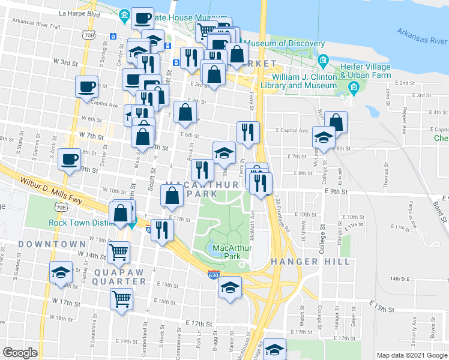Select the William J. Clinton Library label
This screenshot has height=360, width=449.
304,82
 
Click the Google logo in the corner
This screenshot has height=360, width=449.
20,352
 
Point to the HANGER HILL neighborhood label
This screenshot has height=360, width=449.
310,262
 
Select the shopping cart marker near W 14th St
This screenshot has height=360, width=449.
119,253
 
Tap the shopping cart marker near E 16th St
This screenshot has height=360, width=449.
122,298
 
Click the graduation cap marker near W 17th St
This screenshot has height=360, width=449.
60,274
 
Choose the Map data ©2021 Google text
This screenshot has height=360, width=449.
412,355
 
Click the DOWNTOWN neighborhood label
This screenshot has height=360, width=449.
52,244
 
